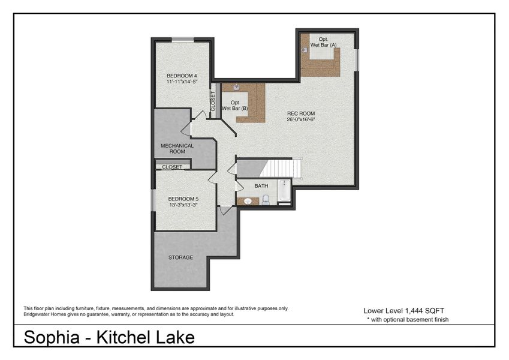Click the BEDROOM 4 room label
(x=182, y=76)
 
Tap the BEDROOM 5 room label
(x=183, y=199)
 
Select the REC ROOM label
(x=300, y=113)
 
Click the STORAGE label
(x=180, y=257)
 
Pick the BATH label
(x=261, y=186)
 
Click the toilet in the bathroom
(x=266, y=199)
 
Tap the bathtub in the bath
(x=284, y=194)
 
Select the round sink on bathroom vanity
(x=248, y=201)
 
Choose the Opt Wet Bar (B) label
(x=235, y=106)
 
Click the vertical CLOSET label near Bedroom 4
(x=212, y=100)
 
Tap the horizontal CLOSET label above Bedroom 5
(x=172, y=167)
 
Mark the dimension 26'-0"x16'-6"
(x=301, y=119)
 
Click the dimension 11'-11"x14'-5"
(x=182, y=82)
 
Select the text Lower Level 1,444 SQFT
(x=403, y=311)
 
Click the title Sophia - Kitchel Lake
(x=109, y=337)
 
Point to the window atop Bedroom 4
(x=183, y=40)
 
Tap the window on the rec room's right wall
(x=357, y=59)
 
